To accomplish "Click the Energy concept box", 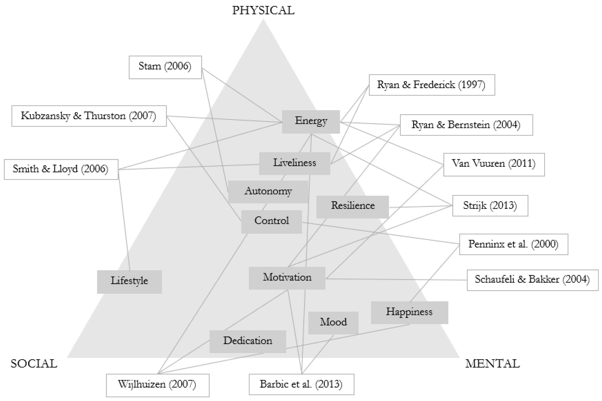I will coord(311,122).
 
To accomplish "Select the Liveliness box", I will coord(294,164).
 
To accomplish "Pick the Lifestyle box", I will coord(129,282).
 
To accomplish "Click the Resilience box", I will coord(353,207).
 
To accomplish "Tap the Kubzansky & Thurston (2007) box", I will coord(89,116).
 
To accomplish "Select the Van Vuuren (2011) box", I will coord(494,164).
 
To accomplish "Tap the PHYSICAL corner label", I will coord(263,11).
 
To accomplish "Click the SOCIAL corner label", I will coord(34,364).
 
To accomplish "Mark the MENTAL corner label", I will coord(492,364).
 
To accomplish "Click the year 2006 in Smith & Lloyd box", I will coord(95,169).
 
